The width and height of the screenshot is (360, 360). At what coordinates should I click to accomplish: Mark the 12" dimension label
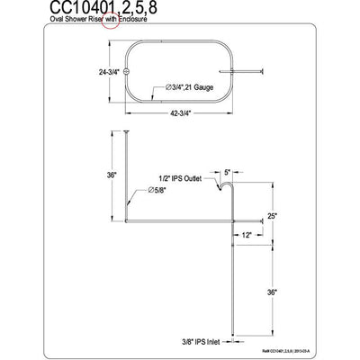[x=245, y=235]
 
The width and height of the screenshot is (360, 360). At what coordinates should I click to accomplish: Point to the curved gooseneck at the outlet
[x=222, y=185]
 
